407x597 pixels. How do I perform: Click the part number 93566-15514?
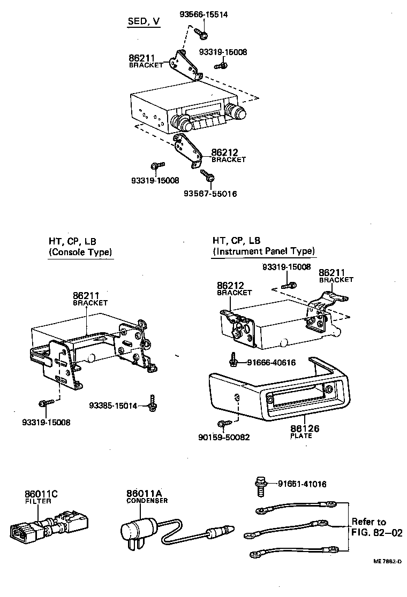click(x=203, y=15)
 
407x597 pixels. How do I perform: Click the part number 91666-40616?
click(x=271, y=362)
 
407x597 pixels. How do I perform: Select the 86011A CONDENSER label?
click(x=146, y=496)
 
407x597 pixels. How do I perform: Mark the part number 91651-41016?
click(x=302, y=484)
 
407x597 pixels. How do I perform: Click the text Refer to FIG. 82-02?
click(x=368, y=527)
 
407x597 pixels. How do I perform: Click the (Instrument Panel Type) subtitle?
click(x=264, y=251)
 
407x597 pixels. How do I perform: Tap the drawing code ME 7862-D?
click(x=387, y=561)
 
